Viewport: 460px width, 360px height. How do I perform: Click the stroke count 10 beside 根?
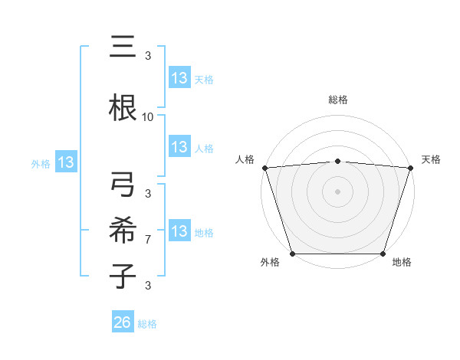click(148, 117)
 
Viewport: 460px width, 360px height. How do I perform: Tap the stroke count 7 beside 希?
click(148, 240)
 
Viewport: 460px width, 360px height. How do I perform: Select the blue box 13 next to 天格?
click(179, 78)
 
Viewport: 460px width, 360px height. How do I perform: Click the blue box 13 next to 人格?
click(179, 147)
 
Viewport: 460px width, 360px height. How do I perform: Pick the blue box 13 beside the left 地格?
click(179, 231)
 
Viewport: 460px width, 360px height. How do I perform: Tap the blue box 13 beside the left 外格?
click(65, 162)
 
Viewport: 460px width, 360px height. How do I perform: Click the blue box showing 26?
click(123, 323)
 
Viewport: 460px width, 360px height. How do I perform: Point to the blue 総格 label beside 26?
click(148, 324)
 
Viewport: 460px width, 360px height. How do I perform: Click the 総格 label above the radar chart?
click(337, 100)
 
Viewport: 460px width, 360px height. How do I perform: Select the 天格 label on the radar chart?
click(431, 159)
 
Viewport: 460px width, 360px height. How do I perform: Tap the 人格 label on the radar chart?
click(245, 159)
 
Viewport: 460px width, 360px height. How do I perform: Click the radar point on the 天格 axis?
click(410, 168)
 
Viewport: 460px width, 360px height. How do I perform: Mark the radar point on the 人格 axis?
click(264, 168)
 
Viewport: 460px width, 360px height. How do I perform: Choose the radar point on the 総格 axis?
click(337, 161)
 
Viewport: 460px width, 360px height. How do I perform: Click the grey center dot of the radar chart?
click(337, 191)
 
